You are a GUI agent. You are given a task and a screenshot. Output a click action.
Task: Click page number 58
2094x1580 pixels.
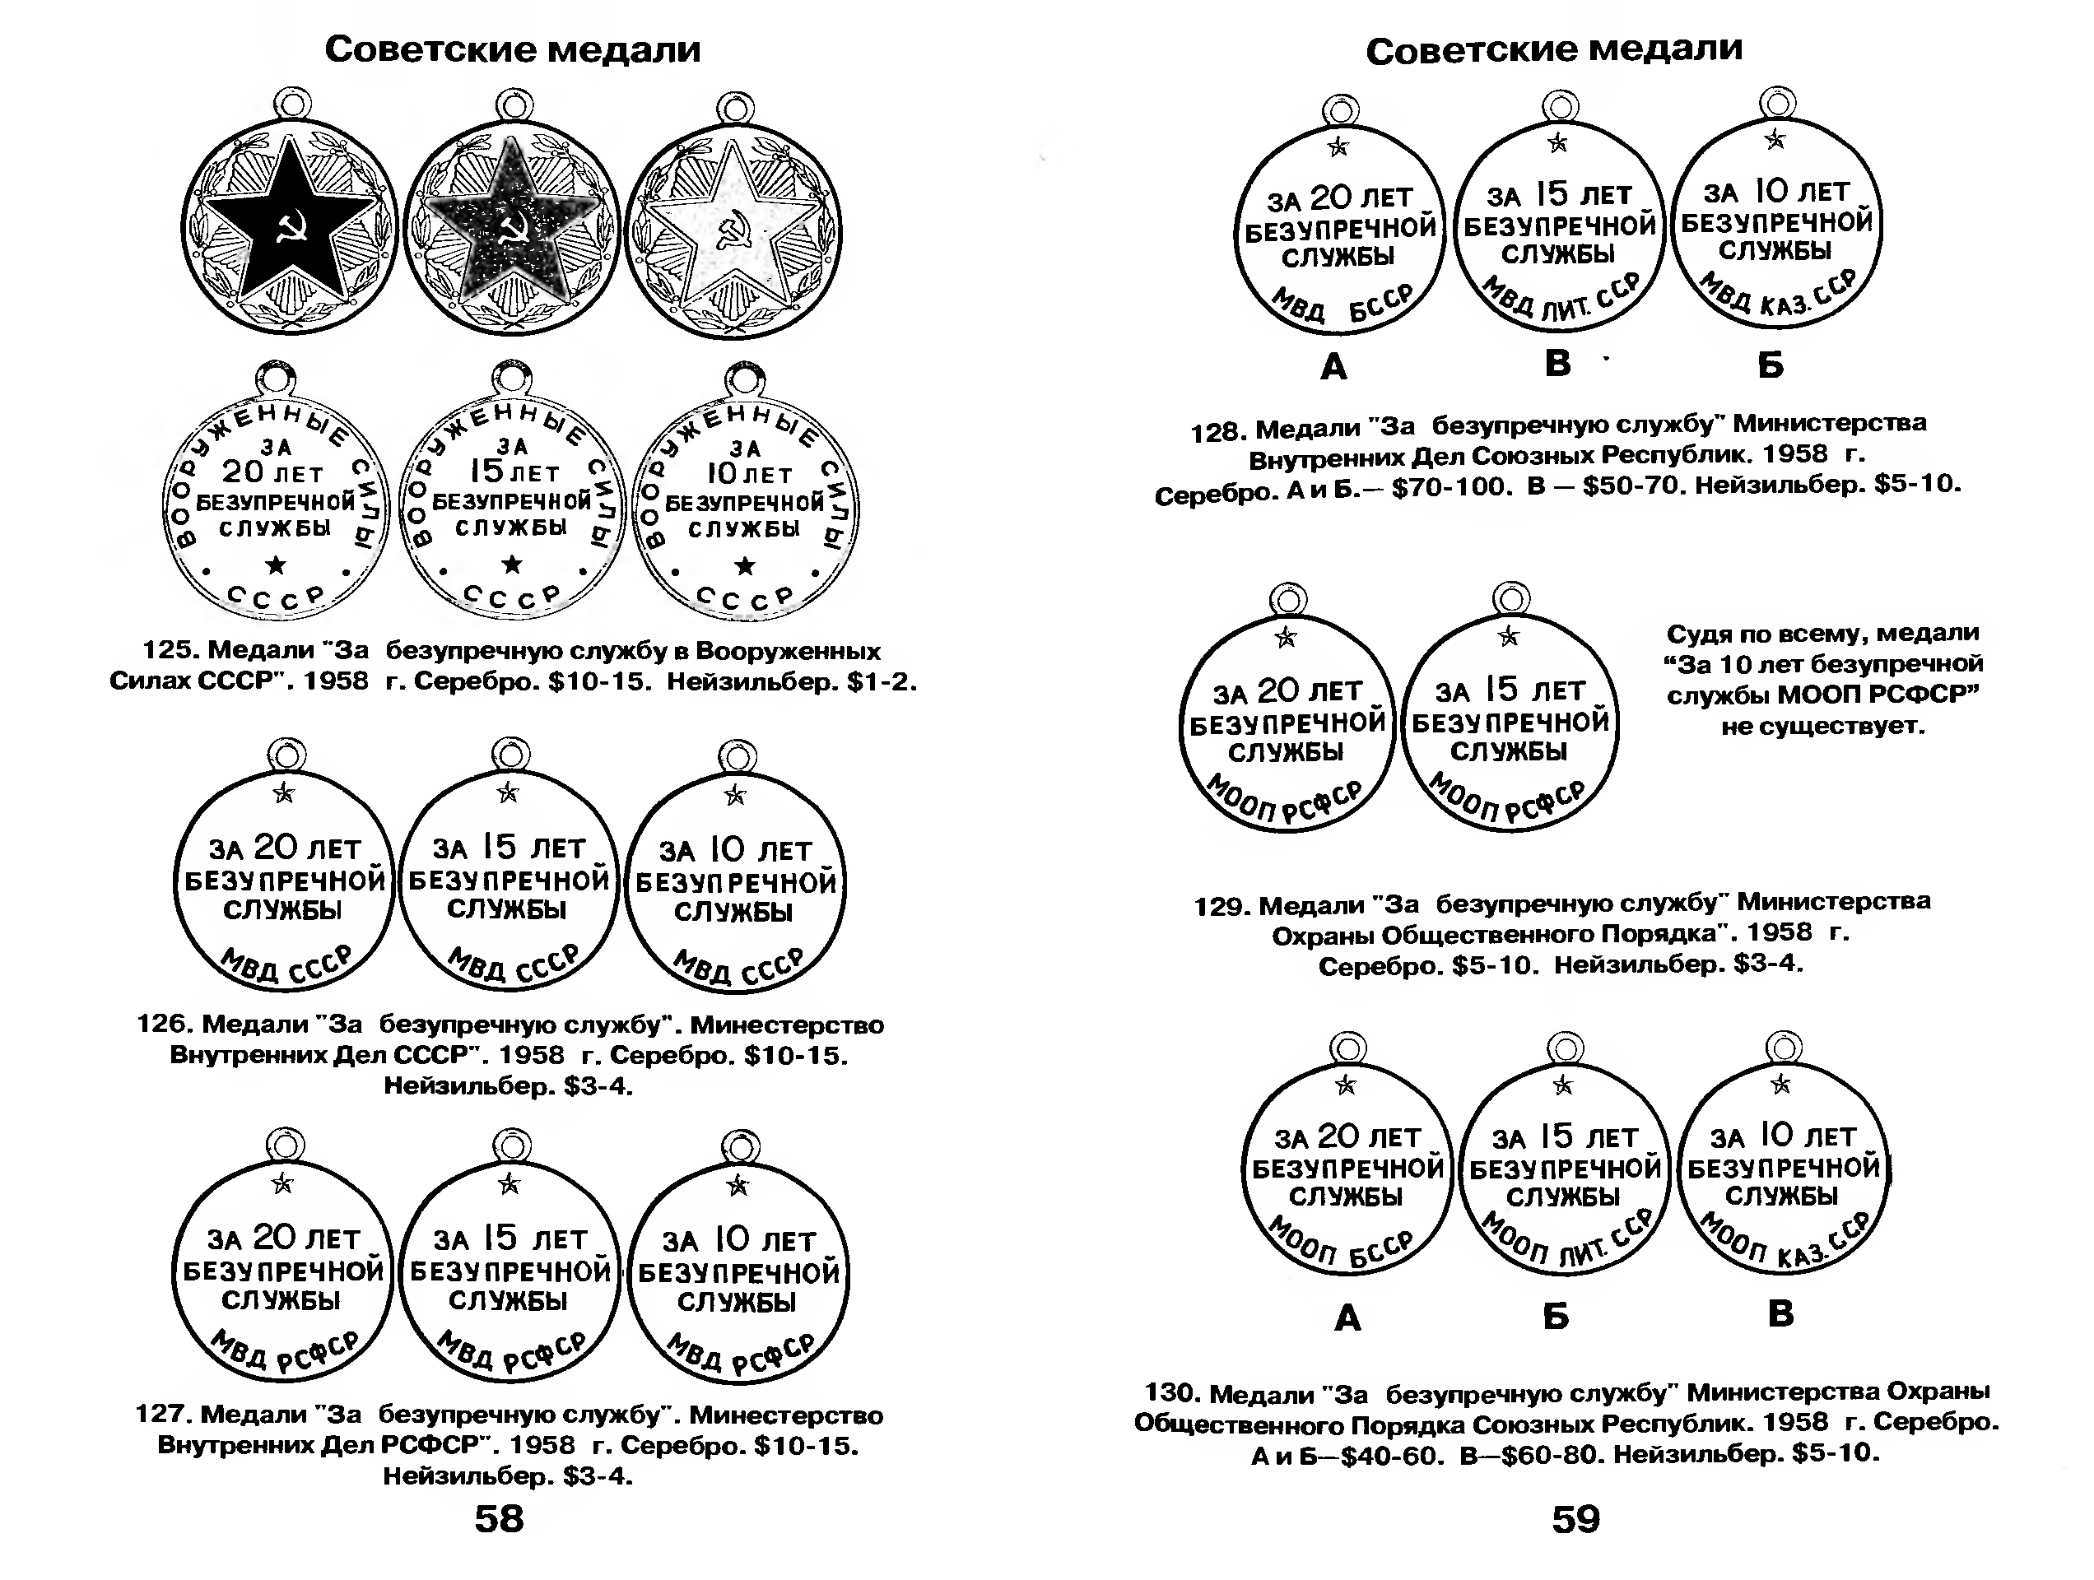click(x=499, y=1518)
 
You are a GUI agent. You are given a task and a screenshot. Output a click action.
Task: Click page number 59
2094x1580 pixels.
click(x=1576, y=1519)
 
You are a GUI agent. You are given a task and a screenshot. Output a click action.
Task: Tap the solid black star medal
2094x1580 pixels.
click(x=289, y=227)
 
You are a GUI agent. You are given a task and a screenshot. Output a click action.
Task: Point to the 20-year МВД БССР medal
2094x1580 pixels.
click(x=1338, y=232)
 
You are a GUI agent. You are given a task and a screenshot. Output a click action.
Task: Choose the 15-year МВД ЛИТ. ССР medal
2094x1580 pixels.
click(x=1558, y=227)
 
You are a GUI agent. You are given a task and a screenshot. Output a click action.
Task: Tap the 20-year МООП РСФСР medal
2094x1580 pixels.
click(x=1287, y=725)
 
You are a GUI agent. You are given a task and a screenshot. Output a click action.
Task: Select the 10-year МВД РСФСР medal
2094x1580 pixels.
click(x=738, y=1274)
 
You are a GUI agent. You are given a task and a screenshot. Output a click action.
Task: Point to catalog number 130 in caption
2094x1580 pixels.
click(x=1171, y=1392)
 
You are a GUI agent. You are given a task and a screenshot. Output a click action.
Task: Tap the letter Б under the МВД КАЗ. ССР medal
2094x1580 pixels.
click(x=1771, y=365)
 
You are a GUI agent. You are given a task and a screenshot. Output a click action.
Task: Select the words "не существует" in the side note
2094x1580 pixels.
click(x=1822, y=727)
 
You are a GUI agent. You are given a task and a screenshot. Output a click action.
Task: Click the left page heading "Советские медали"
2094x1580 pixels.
click(x=512, y=49)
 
